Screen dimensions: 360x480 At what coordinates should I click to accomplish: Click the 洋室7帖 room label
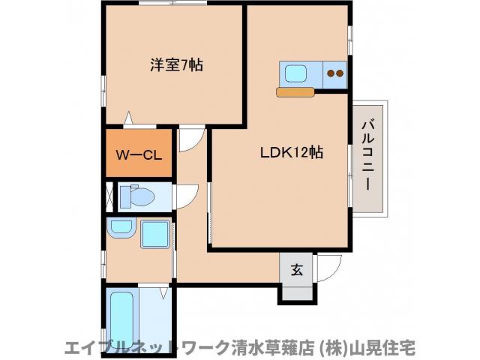pos(177,65)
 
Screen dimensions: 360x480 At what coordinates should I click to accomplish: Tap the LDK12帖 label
pos(292,152)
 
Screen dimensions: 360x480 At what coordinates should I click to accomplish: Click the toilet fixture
pos(139,196)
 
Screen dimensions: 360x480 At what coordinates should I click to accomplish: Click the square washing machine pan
pos(156,233)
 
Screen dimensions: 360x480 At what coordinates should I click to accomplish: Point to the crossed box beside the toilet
pos(109,196)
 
